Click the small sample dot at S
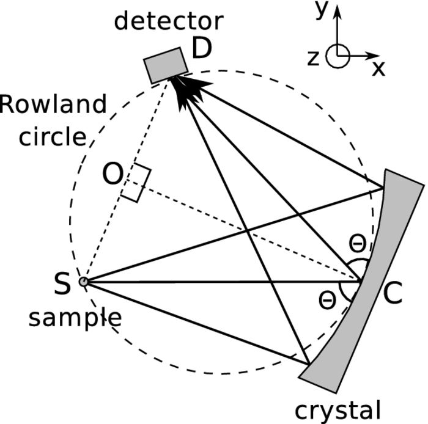coord(84,282)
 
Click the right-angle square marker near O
coord(135,183)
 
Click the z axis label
coord(313,57)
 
